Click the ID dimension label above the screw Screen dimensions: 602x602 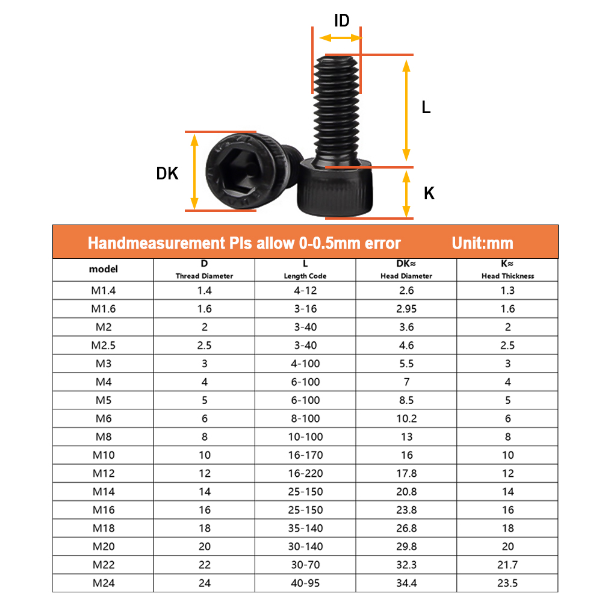pyautogui.click(x=341, y=20)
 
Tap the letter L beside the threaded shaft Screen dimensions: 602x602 pyautogui.click(x=426, y=108)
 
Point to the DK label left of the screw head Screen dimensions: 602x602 pyautogui.click(x=167, y=174)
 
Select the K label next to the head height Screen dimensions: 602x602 pyautogui.click(x=429, y=193)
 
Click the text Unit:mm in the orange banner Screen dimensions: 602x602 pyautogui.click(x=482, y=243)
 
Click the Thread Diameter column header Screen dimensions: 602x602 pyautogui.click(x=204, y=276)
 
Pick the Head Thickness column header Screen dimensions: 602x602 pyautogui.click(x=507, y=276)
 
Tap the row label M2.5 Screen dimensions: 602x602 pyautogui.click(x=104, y=346)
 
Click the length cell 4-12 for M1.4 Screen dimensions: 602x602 pyautogui.click(x=305, y=290)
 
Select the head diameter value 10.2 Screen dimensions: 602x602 pyautogui.click(x=406, y=418)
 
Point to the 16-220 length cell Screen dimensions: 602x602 pyautogui.click(x=305, y=473)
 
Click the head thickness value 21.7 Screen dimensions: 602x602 pyautogui.click(x=507, y=565)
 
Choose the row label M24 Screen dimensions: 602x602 pyautogui.click(x=104, y=583)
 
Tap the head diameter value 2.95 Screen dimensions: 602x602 pyautogui.click(x=406, y=309)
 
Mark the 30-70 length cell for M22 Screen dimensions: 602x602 pyautogui.click(x=305, y=565)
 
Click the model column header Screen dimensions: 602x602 pyautogui.click(x=104, y=270)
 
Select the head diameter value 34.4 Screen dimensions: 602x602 pyautogui.click(x=406, y=583)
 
